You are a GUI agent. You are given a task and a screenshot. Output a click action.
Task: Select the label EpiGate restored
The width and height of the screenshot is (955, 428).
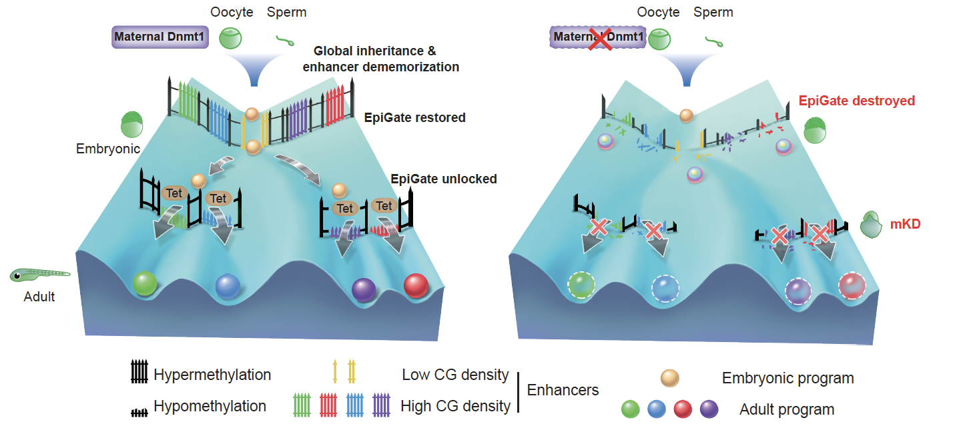[414, 118]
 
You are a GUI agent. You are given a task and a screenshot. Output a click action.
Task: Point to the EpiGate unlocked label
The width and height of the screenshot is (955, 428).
[443, 179]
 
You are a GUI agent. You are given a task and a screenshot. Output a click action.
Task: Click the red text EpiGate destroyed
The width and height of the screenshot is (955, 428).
[856, 101]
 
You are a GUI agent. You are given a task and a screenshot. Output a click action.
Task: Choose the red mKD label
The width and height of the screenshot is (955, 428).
[905, 225]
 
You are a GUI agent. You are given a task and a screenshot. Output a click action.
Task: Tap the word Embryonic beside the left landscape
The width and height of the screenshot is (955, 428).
[108, 148]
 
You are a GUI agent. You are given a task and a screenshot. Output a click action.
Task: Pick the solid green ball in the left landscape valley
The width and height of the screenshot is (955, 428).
[145, 283]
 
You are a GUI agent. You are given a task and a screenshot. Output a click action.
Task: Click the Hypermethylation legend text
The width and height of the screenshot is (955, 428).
[212, 375]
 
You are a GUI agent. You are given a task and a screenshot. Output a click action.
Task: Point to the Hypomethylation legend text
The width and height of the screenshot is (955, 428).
[210, 406]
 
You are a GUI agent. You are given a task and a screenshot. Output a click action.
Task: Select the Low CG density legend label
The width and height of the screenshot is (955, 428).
[455, 375]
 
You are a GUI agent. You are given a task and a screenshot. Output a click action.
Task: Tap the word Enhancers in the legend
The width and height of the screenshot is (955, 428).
[563, 390]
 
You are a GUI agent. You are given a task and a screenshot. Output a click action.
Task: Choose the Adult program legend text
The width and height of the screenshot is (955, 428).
[786, 409]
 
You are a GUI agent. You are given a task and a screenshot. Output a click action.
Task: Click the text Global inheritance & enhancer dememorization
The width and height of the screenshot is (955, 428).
[380, 59]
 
